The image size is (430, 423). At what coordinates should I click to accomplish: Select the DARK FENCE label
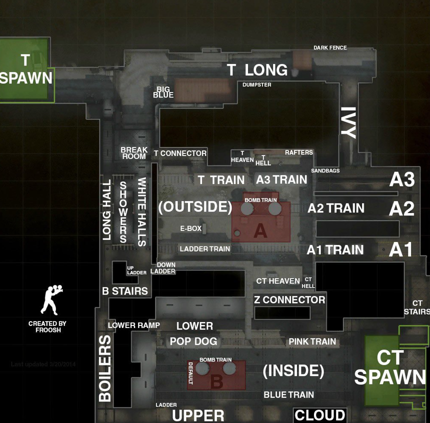(x=330, y=48)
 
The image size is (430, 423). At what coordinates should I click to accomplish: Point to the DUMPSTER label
(x=257, y=85)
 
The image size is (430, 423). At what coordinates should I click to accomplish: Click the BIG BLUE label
(x=163, y=92)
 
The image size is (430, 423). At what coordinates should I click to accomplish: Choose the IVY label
(x=348, y=122)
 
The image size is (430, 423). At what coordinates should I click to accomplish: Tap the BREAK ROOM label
(x=134, y=153)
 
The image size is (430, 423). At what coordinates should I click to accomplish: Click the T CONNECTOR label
(x=180, y=153)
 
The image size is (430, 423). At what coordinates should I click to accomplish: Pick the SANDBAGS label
(x=325, y=171)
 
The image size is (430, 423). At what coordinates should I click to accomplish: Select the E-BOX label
(x=191, y=228)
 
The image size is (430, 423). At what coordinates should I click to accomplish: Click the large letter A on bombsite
(x=260, y=230)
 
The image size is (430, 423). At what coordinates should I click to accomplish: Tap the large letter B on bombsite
(x=217, y=382)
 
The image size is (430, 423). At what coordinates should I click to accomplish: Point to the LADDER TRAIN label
(x=205, y=249)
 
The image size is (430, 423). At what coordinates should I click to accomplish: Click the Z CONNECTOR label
(x=289, y=300)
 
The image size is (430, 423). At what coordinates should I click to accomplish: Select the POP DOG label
(x=193, y=341)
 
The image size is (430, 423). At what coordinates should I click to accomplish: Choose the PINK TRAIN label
(x=312, y=341)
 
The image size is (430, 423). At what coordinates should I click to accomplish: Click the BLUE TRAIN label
(x=289, y=395)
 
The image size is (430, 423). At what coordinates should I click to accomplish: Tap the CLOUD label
(x=319, y=415)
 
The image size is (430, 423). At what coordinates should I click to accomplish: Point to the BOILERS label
(x=105, y=368)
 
